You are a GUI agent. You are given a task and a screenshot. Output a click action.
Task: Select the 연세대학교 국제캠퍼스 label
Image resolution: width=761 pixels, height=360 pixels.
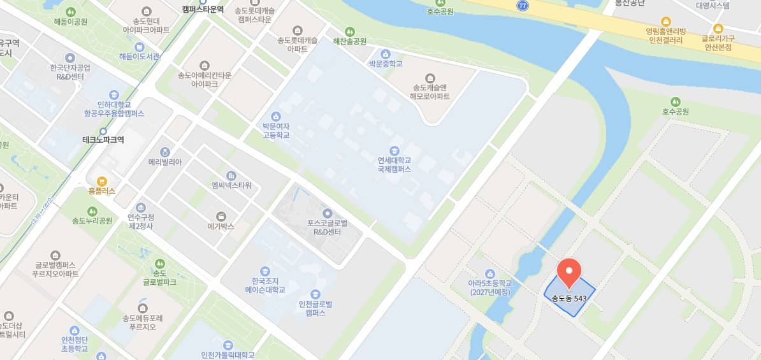(x=394, y=164)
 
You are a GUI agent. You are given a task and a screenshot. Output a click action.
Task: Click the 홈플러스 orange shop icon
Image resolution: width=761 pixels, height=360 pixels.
(x=102, y=180)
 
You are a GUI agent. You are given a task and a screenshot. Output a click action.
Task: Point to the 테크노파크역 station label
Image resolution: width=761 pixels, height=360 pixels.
(x=103, y=140)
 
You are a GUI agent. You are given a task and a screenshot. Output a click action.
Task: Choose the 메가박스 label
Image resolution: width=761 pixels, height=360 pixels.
(x=221, y=226)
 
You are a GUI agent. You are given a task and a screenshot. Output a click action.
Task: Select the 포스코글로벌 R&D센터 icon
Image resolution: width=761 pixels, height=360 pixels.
(x=328, y=213)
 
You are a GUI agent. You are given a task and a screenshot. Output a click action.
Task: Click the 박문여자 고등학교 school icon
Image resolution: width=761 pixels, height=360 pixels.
(x=275, y=116)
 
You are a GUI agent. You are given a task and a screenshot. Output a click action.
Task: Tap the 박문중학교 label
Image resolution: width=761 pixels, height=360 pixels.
(x=386, y=64)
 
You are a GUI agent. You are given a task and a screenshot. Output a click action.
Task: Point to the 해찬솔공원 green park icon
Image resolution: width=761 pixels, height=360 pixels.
(x=349, y=31)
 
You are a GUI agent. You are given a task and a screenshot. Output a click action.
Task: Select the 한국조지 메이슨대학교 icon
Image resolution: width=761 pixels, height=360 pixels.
(x=265, y=271)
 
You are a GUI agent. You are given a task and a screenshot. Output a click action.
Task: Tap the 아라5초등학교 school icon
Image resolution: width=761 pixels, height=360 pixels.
(x=489, y=273)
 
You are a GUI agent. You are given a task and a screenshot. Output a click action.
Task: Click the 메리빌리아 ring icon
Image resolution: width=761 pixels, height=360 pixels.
(x=165, y=152)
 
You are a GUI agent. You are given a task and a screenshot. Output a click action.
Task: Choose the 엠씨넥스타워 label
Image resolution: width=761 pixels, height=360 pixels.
(x=231, y=185)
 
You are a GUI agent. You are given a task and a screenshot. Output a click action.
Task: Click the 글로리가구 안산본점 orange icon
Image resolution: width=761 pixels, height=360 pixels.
(x=718, y=28)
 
